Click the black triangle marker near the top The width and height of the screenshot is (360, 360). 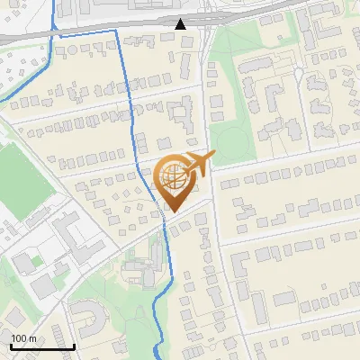(x=181, y=23)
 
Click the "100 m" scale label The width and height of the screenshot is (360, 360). (x=24, y=338)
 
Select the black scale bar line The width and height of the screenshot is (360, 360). (x=42, y=346)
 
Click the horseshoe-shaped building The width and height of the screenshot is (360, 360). (x=87, y=316)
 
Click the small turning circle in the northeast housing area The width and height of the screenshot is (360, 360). (x=296, y=72)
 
